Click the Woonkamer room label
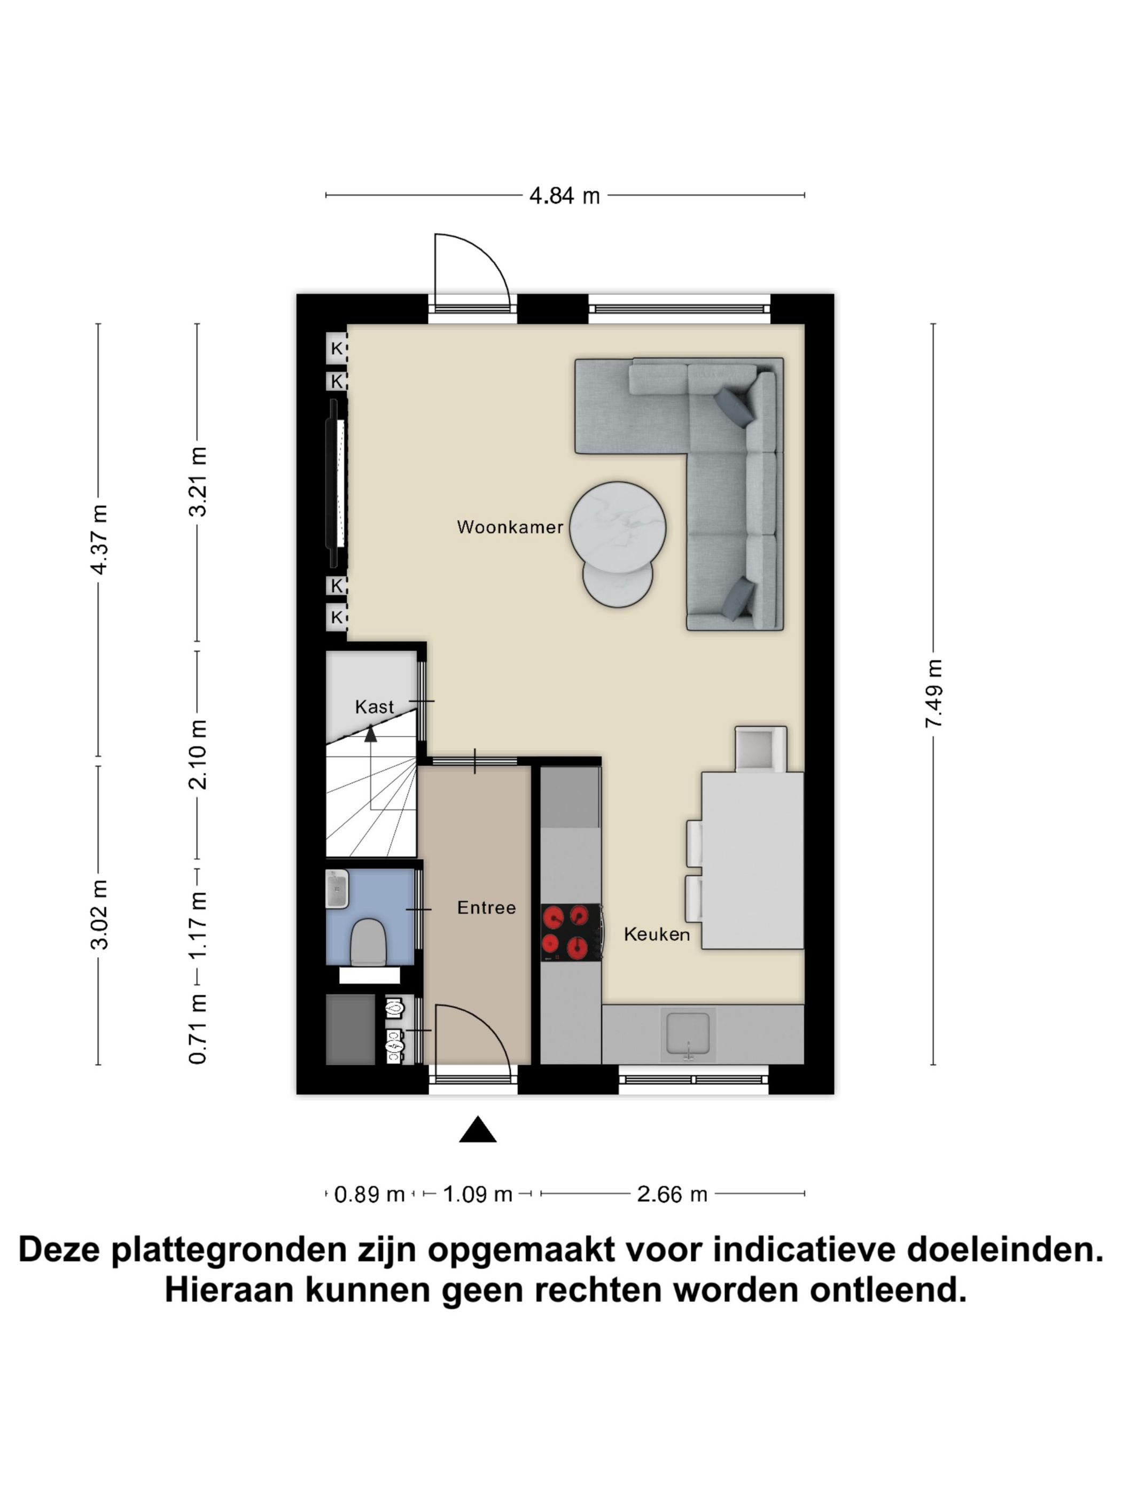click(509, 527)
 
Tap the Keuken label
click(656, 934)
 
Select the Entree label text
click(486, 908)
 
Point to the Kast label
click(374, 707)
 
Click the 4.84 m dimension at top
click(564, 196)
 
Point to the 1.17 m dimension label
click(198, 924)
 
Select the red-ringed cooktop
click(570, 932)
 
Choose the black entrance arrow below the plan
click(478, 1130)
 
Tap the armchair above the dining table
click(760, 749)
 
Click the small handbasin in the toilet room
click(337, 889)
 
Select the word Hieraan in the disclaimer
click(229, 1290)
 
